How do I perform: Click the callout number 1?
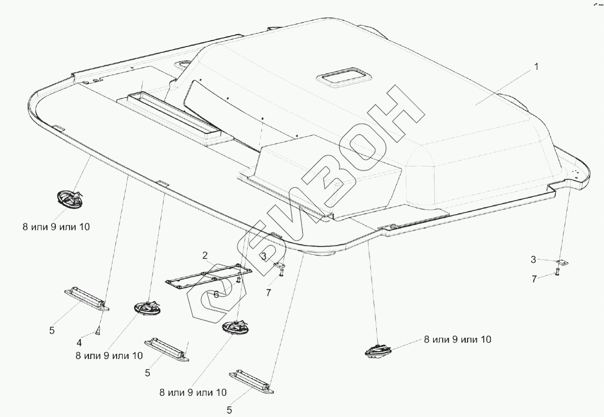click(x=536, y=66)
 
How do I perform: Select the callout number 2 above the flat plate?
click(x=205, y=255)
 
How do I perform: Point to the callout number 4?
click(x=79, y=343)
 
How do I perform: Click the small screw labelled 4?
click(x=98, y=330)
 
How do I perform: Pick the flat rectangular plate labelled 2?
click(x=209, y=276)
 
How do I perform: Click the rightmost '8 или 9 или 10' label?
click(x=457, y=340)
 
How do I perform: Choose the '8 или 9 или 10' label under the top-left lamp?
click(x=56, y=227)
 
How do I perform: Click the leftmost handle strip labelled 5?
click(x=87, y=300)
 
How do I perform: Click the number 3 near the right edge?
click(x=533, y=260)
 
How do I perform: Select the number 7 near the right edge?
click(x=534, y=279)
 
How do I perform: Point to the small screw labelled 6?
click(x=239, y=280)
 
